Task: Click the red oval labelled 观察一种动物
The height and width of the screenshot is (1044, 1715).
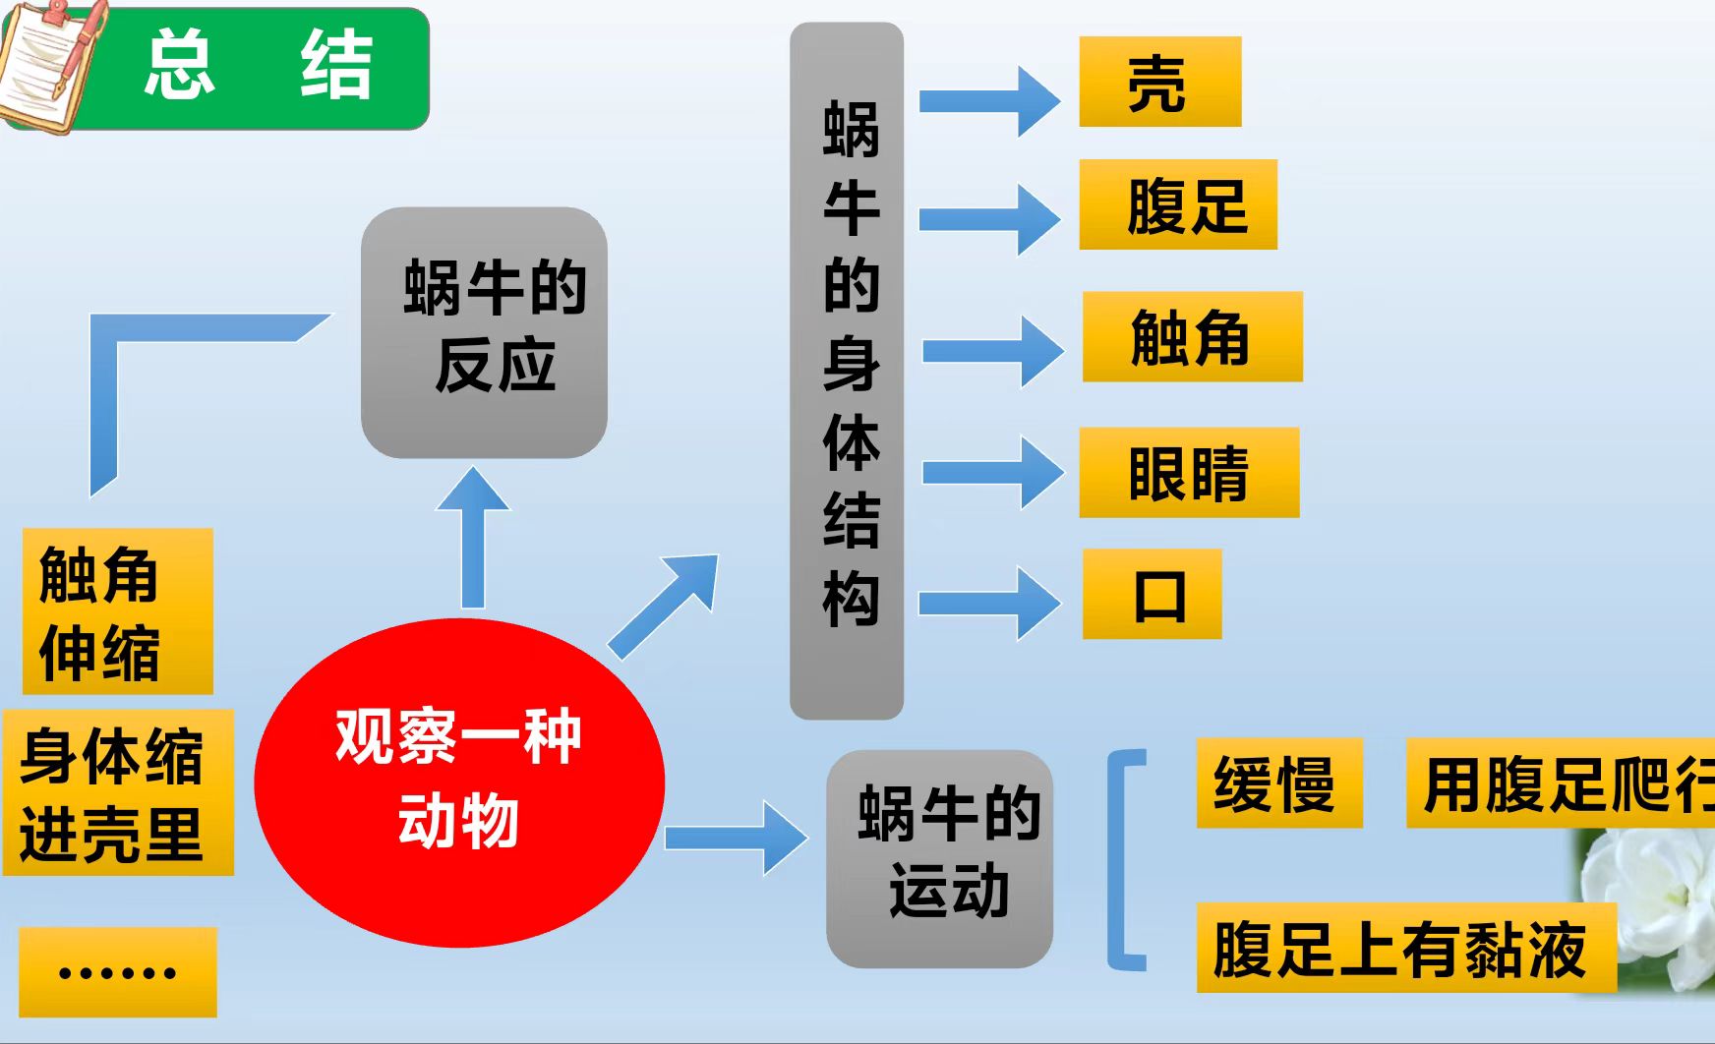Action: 459,782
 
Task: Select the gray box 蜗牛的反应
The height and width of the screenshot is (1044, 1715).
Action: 484,332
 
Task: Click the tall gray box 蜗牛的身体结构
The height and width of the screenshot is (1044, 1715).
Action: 847,371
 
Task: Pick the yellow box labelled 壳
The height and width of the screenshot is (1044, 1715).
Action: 1159,82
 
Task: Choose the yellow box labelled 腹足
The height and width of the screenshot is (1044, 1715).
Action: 1177,204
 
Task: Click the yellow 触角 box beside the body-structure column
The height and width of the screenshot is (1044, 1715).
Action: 1192,336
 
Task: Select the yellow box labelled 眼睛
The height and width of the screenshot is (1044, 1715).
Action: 1189,472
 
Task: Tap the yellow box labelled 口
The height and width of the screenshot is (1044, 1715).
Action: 1152,594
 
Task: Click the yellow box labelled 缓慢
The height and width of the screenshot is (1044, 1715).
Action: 1278,783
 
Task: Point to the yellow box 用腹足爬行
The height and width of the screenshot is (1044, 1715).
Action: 1560,783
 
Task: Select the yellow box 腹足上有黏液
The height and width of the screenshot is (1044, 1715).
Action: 1405,948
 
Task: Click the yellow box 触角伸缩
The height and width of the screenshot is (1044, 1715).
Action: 117,611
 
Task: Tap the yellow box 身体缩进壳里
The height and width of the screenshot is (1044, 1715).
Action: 118,792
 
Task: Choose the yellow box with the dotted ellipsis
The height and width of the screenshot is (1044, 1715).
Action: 118,971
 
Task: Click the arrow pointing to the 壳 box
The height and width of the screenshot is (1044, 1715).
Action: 989,101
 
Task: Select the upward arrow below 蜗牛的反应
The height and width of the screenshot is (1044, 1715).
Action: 473,536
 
